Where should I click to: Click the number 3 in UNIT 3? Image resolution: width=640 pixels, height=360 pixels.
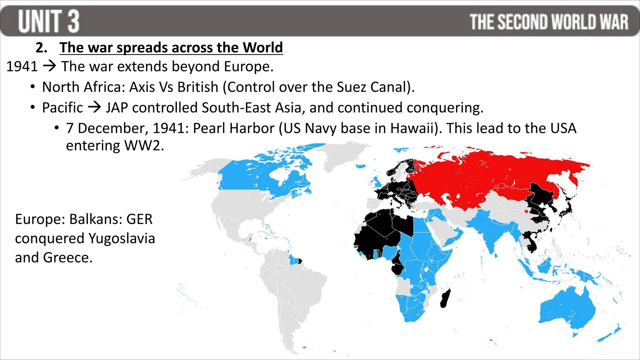[73, 21]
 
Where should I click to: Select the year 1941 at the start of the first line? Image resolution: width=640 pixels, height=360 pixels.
[22, 67]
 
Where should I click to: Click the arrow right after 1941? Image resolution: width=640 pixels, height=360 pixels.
[49, 66]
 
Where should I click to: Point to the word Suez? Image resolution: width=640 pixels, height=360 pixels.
[351, 87]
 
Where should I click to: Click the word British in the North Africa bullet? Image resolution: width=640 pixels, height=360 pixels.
[197, 87]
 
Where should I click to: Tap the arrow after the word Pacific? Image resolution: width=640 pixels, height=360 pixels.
[94, 107]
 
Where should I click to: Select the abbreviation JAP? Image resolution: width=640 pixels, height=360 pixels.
[117, 107]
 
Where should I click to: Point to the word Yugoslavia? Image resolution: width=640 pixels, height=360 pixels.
[122, 238]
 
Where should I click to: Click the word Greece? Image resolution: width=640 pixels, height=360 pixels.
[67, 257]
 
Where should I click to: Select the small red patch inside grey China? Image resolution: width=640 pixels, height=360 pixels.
[527, 212]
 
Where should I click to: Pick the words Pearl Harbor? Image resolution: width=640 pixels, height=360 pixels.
[233, 128]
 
